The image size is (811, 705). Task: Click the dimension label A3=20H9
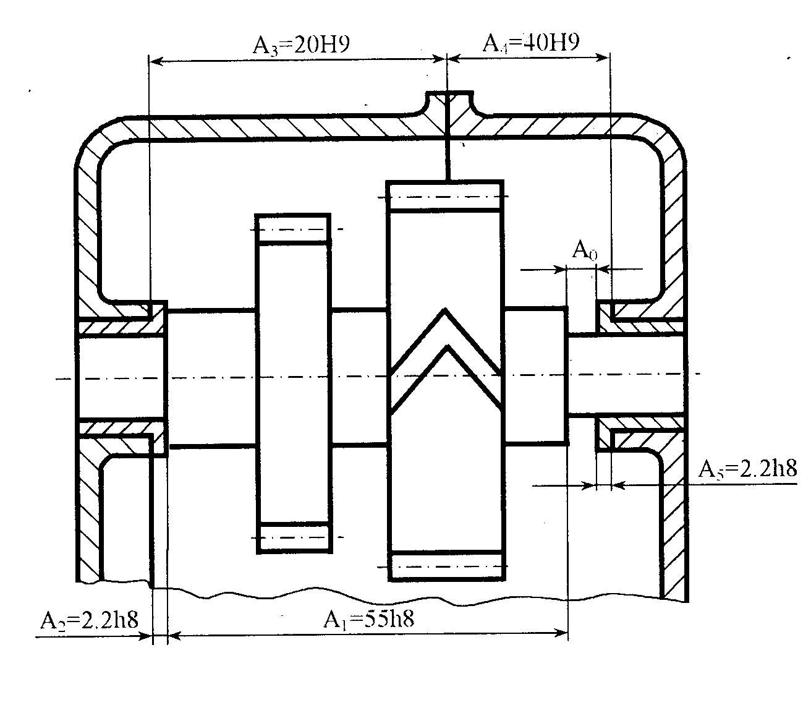301,45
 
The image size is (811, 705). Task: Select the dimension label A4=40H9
531,43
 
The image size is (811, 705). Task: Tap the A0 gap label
584,250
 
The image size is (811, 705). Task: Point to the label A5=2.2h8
747,469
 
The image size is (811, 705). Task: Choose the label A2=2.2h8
89,620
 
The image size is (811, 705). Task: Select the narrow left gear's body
294,383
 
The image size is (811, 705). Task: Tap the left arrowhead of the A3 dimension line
156,61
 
